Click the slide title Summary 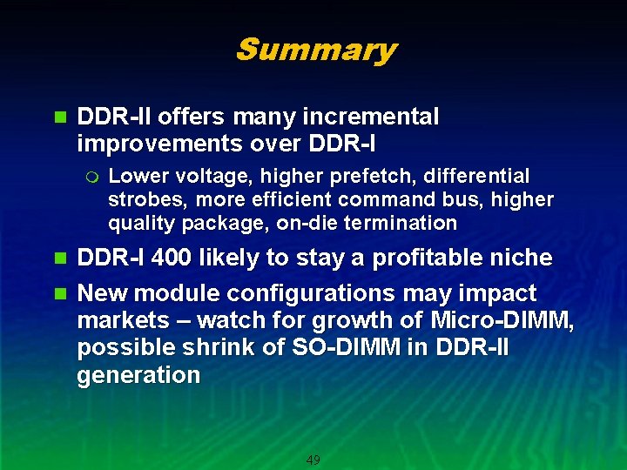point(315,50)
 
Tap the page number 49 point(313,460)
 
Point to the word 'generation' point(138,376)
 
